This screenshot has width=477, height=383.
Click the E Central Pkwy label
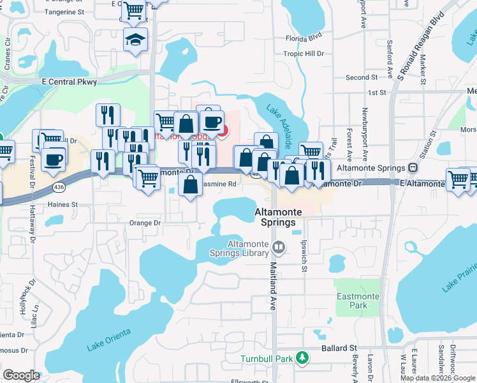(69, 82)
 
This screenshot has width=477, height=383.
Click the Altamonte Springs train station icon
(413, 168)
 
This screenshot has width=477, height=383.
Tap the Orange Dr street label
(144, 223)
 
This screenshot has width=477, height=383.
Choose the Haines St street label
(62, 205)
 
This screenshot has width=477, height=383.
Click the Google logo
(21, 375)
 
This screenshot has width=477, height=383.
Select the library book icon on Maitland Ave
(278, 246)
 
